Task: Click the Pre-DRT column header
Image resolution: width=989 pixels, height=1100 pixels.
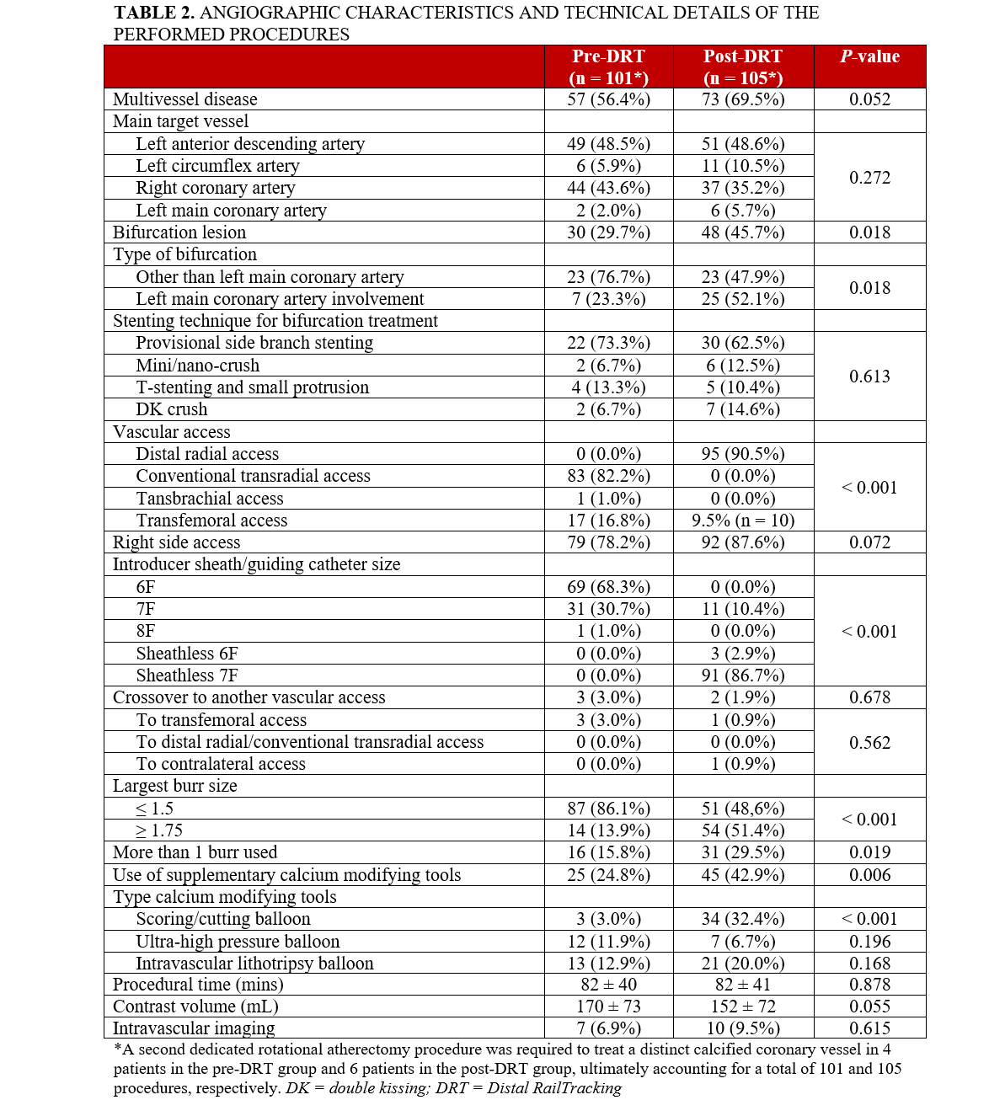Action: click(608, 67)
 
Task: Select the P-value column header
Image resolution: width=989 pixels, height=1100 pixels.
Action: click(869, 56)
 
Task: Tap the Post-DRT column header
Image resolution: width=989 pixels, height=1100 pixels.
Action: click(743, 67)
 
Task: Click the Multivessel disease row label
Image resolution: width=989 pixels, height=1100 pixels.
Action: click(185, 99)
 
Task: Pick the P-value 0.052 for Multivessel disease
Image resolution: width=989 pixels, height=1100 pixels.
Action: click(869, 99)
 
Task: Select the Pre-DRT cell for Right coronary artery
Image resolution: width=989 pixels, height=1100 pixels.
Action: click(608, 188)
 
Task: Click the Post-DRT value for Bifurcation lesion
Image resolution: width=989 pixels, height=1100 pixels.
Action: click(743, 232)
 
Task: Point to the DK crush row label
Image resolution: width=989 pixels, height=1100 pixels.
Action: click(172, 409)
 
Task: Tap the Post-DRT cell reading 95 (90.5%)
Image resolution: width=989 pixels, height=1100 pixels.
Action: click(743, 454)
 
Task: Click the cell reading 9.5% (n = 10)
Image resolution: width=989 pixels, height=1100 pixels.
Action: click(743, 521)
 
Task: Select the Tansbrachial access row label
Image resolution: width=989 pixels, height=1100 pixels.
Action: click(210, 499)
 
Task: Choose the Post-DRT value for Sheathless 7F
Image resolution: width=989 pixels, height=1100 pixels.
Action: click(743, 675)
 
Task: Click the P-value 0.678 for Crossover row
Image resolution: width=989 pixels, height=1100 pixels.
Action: click(869, 697)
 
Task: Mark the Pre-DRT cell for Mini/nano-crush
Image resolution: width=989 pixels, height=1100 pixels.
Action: click(608, 366)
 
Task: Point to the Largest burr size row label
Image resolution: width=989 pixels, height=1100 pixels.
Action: click(175, 786)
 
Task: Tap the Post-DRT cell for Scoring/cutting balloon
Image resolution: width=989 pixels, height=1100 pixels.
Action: click(743, 919)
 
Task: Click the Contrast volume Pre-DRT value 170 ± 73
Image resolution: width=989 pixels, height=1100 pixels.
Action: click(608, 1007)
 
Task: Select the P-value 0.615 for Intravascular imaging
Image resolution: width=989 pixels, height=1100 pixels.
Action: click(869, 1028)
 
